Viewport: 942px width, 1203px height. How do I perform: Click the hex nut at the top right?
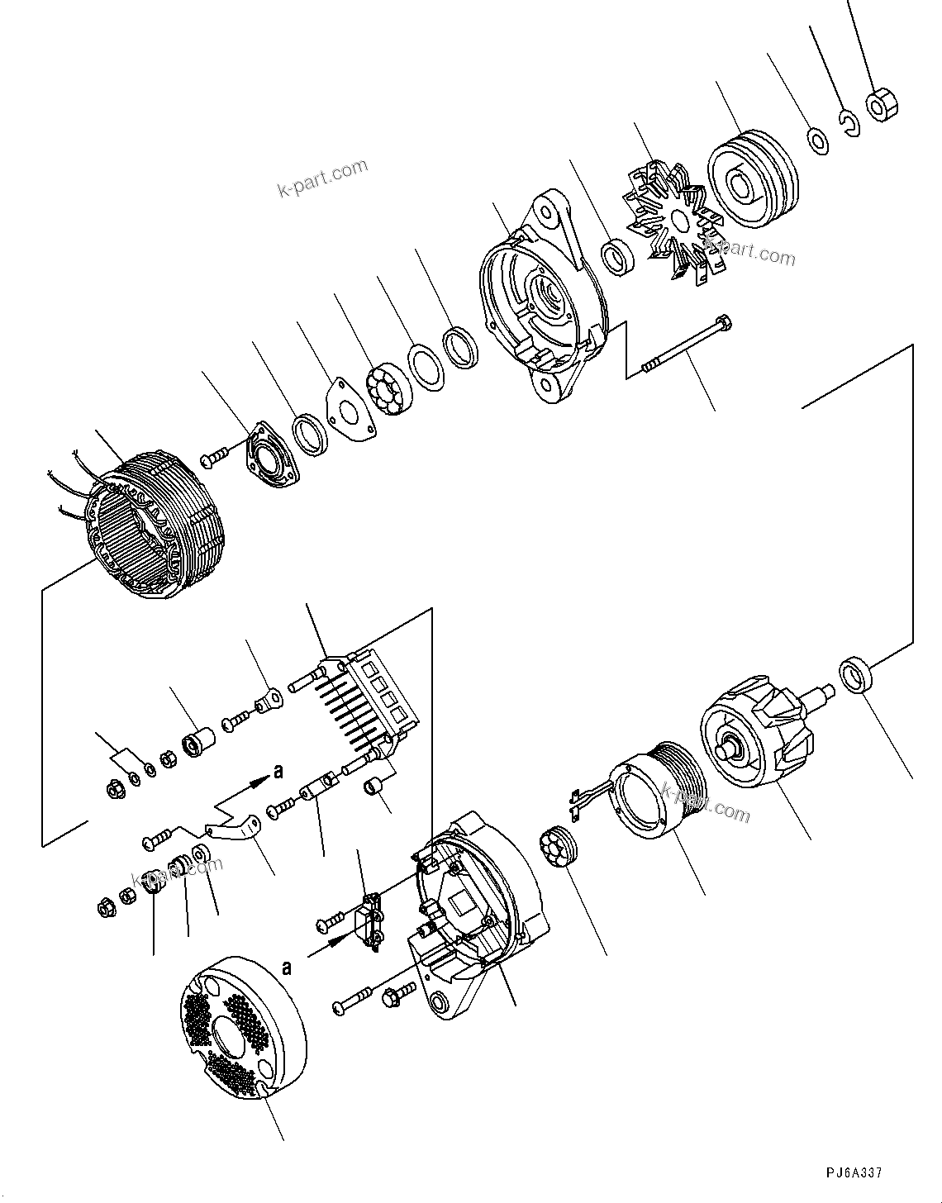tap(882, 105)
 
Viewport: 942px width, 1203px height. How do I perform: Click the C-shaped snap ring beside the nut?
tap(849, 123)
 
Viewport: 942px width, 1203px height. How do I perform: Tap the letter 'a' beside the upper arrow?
tap(278, 772)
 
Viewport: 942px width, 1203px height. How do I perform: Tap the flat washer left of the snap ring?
tap(817, 140)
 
